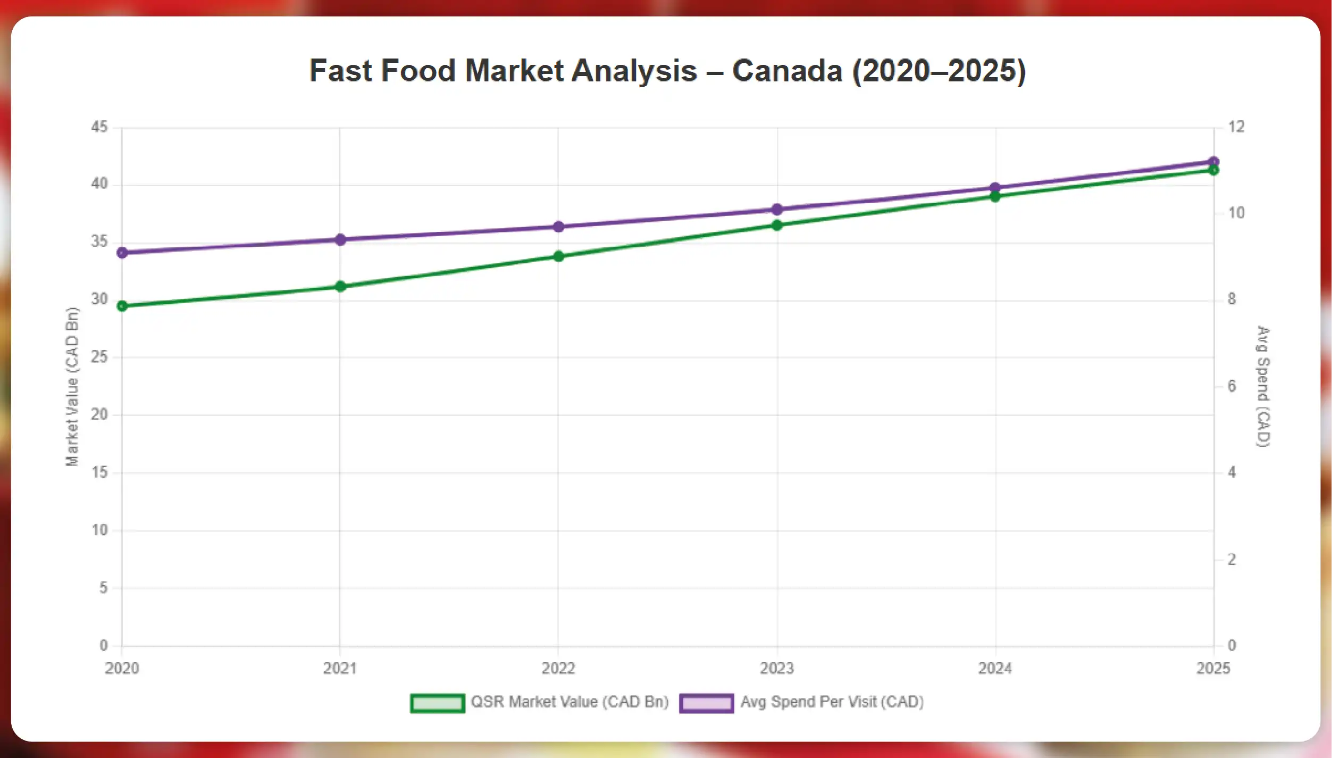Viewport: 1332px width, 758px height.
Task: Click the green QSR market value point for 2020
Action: pyautogui.click(x=122, y=306)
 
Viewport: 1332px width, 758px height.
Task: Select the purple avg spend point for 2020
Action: pyautogui.click(x=122, y=253)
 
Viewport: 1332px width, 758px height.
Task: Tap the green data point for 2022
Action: pyautogui.click(x=558, y=256)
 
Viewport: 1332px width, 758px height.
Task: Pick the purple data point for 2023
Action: pyautogui.click(x=777, y=210)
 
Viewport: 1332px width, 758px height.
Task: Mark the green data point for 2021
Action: pyautogui.click(x=340, y=287)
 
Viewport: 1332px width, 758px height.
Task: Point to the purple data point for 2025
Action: pyautogui.click(x=1213, y=162)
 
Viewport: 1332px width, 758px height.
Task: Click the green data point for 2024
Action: pyautogui.click(x=995, y=197)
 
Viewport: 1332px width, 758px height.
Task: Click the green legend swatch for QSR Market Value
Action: pyautogui.click(x=437, y=703)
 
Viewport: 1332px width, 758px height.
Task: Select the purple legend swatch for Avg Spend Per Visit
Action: pyautogui.click(x=706, y=703)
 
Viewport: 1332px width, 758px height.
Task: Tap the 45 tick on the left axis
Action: pyautogui.click(x=99, y=127)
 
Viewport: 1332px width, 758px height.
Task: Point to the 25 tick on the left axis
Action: pyautogui.click(x=99, y=357)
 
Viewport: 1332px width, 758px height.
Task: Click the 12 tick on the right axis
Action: pyautogui.click(x=1236, y=127)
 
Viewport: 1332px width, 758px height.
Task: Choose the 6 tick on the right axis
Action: pyautogui.click(x=1232, y=386)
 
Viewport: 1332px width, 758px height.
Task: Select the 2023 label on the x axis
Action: pyautogui.click(x=777, y=669)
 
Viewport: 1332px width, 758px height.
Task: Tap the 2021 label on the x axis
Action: pyautogui.click(x=340, y=669)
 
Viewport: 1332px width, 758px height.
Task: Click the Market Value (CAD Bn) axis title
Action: pyautogui.click(x=72, y=387)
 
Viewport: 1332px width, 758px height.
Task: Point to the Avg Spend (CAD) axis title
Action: pyautogui.click(x=1263, y=387)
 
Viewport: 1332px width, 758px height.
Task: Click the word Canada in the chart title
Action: pyautogui.click(x=788, y=71)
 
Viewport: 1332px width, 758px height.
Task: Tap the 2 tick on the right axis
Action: pyautogui.click(x=1232, y=559)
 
